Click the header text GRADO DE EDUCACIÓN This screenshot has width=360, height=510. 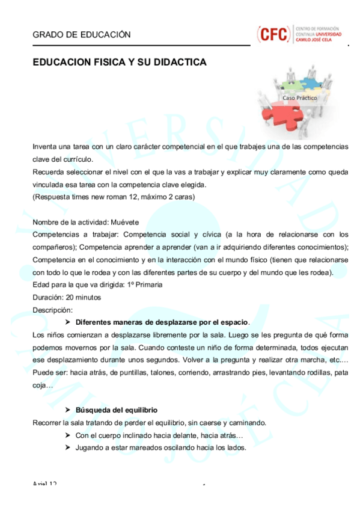pyautogui.click(x=81, y=35)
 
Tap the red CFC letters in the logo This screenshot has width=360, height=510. pyautogui.click(x=272, y=34)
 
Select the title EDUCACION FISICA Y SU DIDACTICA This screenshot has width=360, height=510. pyautogui.click(x=120, y=63)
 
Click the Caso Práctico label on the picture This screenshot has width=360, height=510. pyautogui.click(x=299, y=97)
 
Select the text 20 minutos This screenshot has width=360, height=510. pyautogui.click(x=80, y=297)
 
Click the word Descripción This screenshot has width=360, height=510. pyautogui.click(x=52, y=310)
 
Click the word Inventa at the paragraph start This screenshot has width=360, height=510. pyautogui.click(x=46, y=146)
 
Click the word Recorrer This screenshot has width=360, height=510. pyautogui.click(x=47, y=423)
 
